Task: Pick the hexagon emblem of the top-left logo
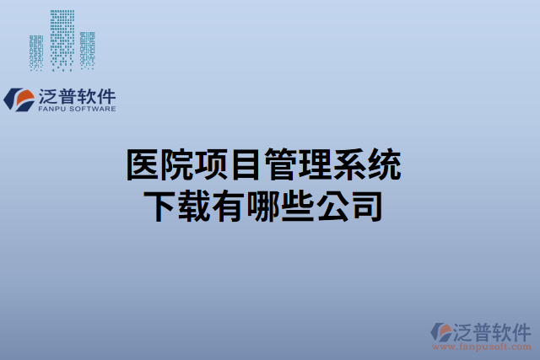click(x=19, y=99)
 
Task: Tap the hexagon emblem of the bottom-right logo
click(x=441, y=331)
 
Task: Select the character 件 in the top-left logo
click(x=105, y=94)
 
